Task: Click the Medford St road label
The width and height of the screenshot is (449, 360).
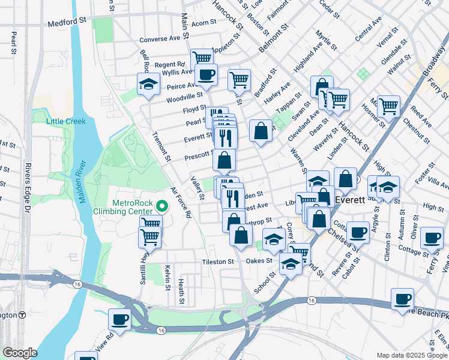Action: click(x=68, y=25)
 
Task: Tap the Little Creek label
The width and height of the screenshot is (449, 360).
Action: click(x=66, y=121)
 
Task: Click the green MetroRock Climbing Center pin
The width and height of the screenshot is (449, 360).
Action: click(x=161, y=206)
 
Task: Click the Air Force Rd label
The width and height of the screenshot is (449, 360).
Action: click(x=181, y=202)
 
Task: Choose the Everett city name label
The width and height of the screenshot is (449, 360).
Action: click(x=351, y=199)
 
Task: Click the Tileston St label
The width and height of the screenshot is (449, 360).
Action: click(x=218, y=262)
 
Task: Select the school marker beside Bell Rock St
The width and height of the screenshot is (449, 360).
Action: click(x=148, y=85)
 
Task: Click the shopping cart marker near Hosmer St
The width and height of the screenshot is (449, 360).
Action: click(x=389, y=107)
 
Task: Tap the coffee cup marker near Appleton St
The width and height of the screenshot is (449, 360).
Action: click(x=206, y=75)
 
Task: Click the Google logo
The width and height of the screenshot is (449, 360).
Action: click(x=20, y=353)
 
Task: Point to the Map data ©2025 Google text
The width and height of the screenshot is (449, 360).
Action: click(x=411, y=355)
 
